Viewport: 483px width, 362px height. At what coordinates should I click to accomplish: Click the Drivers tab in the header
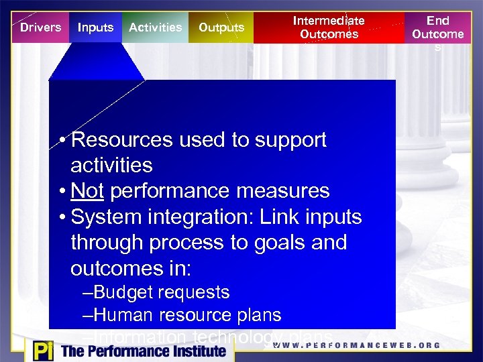(x=40, y=27)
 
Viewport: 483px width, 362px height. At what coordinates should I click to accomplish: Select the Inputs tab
(x=95, y=27)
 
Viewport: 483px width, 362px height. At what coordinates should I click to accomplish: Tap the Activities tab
(x=155, y=27)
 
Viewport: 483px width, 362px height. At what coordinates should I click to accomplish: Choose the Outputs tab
(x=221, y=27)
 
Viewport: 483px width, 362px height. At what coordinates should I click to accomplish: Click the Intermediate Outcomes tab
(x=329, y=27)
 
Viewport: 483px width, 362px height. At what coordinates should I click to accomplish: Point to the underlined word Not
(x=87, y=191)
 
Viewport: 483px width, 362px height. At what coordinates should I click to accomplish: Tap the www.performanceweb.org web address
(x=356, y=346)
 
